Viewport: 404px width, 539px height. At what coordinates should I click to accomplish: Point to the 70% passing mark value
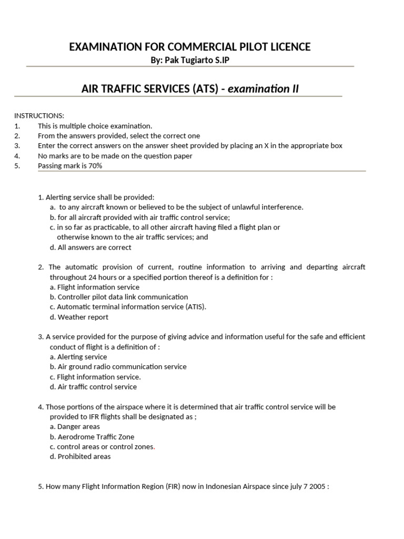pyautogui.click(x=95, y=166)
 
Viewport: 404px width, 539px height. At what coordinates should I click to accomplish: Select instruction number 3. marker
pyautogui.click(x=17, y=146)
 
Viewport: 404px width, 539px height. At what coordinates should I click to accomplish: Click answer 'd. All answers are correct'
pyautogui.click(x=90, y=247)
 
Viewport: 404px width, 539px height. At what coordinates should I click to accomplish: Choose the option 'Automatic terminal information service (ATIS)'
pyautogui.click(x=128, y=307)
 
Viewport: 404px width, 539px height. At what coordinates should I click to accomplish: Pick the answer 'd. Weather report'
pyautogui.click(x=79, y=317)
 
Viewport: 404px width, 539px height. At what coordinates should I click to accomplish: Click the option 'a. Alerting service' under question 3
pyautogui.click(x=78, y=357)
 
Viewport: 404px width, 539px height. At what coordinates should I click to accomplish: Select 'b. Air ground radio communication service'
pyautogui.click(x=118, y=367)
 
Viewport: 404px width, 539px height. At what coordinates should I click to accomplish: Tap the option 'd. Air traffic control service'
pyautogui.click(x=93, y=387)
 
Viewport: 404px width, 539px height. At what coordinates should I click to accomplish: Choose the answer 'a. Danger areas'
pyautogui.click(x=75, y=427)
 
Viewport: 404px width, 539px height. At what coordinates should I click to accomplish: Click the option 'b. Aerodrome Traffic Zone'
pyautogui.click(x=92, y=437)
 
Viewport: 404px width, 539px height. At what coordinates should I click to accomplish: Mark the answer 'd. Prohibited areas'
pyautogui.click(x=80, y=457)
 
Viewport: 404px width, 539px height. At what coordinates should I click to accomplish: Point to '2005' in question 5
pyautogui.click(x=317, y=487)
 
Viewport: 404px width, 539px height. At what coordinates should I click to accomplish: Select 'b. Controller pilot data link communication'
pyautogui.click(x=118, y=297)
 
